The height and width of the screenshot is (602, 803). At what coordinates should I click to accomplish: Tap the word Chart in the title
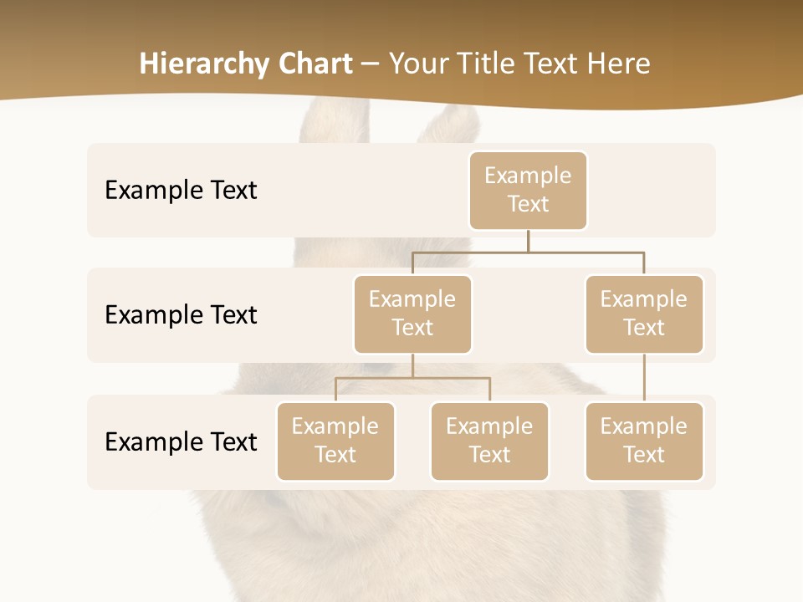[x=313, y=64]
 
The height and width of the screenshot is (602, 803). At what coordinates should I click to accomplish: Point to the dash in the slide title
[x=370, y=64]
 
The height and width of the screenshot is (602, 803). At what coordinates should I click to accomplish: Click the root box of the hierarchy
[x=528, y=191]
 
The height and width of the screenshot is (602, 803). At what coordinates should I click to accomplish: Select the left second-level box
[x=412, y=314]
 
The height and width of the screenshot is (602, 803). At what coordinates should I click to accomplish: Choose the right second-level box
[x=644, y=314]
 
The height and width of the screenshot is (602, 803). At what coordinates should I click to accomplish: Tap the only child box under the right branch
[x=644, y=441]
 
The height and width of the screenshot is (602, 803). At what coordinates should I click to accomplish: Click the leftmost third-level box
[x=335, y=441]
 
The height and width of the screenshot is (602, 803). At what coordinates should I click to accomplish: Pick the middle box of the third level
[x=489, y=441]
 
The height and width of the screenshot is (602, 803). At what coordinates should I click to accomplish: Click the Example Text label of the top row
[x=181, y=191]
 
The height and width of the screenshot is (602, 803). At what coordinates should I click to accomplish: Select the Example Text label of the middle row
[x=181, y=315]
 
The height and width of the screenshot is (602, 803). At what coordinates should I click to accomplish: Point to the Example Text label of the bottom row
[x=181, y=442]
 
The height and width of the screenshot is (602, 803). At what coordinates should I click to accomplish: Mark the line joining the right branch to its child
[x=644, y=378]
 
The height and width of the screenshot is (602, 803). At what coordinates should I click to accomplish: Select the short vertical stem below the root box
[x=528, y=241]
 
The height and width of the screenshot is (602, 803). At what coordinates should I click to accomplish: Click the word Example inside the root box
[x=528, y=176]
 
